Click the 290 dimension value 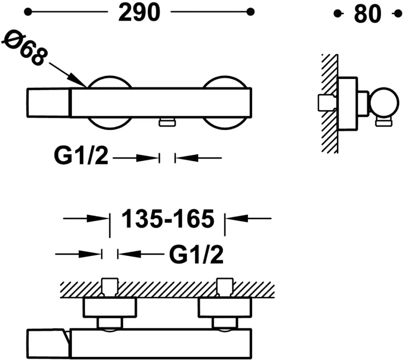139,13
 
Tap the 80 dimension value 367,14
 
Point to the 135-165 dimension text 167,219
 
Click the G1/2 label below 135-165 196,254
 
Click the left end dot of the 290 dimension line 27,12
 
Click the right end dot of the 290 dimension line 250,12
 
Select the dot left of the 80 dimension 337,14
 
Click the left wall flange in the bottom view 110,308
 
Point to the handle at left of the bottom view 46,342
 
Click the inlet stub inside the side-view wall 326,102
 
